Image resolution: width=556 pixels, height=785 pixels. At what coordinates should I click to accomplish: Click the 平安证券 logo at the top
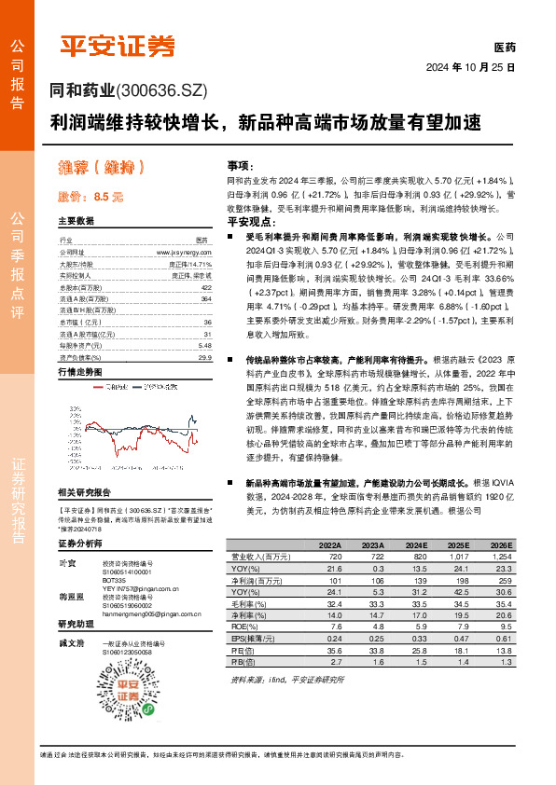(117, 44)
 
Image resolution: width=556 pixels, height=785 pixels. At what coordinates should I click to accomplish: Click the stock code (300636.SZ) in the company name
(160, 90)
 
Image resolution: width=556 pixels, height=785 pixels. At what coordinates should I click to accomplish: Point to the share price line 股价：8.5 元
(90, 198)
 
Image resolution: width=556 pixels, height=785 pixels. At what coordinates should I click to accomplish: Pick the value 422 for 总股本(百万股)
(206, 288)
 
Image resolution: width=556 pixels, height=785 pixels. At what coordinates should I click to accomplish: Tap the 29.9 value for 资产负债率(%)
(205, 357)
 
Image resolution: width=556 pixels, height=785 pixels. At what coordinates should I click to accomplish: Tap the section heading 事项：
(240, 164)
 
